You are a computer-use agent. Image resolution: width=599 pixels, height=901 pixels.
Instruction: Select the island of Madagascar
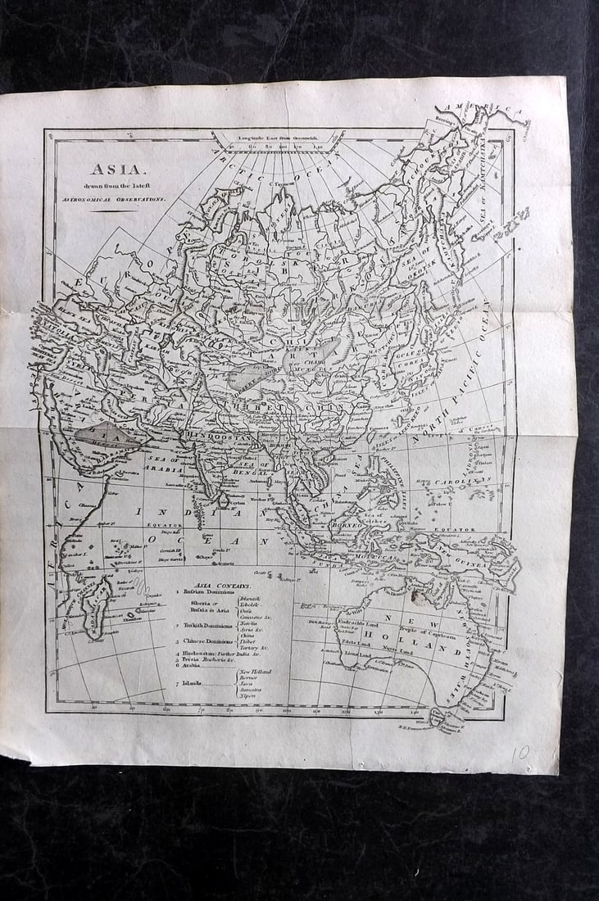(94, 602)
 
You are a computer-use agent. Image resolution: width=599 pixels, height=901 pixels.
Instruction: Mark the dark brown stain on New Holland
(420, 597)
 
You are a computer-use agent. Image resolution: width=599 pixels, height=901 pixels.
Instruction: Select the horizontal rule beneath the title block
(114, 211)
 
